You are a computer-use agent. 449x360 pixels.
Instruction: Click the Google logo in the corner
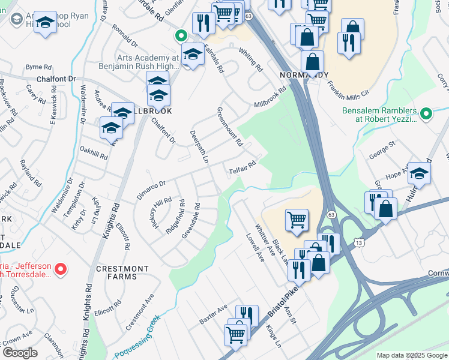[19, 352]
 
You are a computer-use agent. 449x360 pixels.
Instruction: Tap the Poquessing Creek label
[137, 337]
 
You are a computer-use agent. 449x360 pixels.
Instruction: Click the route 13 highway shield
[359, 242]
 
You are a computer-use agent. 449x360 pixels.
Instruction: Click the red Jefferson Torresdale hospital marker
[60, 271]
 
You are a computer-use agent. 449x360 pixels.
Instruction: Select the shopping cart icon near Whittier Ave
[297, 220]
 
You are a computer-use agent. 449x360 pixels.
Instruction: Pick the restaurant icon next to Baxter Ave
[247, 314]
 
